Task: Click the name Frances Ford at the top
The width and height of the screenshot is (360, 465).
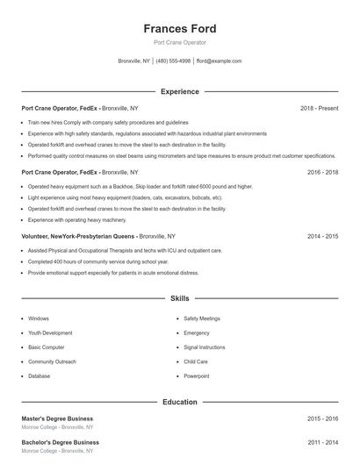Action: pyautogui.click(x=179, y=29)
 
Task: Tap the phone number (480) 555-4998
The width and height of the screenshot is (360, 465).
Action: pyautogui.click(x=174, y=61)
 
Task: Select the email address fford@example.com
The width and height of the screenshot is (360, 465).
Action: pyautogui.click(x=219, y=61)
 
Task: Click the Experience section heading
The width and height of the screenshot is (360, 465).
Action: pyautogui.click(x=179, y=91)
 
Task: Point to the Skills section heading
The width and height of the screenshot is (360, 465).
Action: pyautogui.click(x=179, y=298)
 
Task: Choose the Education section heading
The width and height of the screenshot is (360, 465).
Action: pyautogui.click(x=179, y=402)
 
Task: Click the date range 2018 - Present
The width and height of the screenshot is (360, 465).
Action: pyautogui.click(x=319, y=108)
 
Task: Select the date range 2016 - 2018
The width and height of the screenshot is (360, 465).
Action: pyautogui.click(x=322, y=173)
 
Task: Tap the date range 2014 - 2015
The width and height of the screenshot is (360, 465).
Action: pyautogui.click(x=322, y=237)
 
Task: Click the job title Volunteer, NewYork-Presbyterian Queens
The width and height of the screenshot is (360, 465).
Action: pyautogui.click(x=79, y=237)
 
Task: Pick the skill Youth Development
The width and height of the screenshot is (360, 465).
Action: pyautogui.click(x=50, y=333)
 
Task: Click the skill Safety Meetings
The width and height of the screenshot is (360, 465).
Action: pyautogui.click(x=202, y=318)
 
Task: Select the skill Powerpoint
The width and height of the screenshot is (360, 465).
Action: pyautogui.click(x=197, y=376)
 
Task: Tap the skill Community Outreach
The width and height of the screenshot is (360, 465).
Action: pyautogui.click(x=53, y=361)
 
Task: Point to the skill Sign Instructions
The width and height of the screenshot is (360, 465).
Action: pyautogui.click(x=204, y=347)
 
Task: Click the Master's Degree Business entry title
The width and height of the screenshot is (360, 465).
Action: pyautogui.click(x=57, y=418)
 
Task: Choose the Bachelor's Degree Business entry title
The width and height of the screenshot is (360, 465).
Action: pyautogui.click(x=60, y=442)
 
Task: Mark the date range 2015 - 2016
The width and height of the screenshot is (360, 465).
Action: pyautogui.click(x=322, y=418)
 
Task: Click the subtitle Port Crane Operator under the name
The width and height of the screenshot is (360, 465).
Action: pyautogui.click(x=179, y=43)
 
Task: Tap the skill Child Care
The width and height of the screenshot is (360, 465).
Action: pyautogui.click(x=196, y=361)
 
